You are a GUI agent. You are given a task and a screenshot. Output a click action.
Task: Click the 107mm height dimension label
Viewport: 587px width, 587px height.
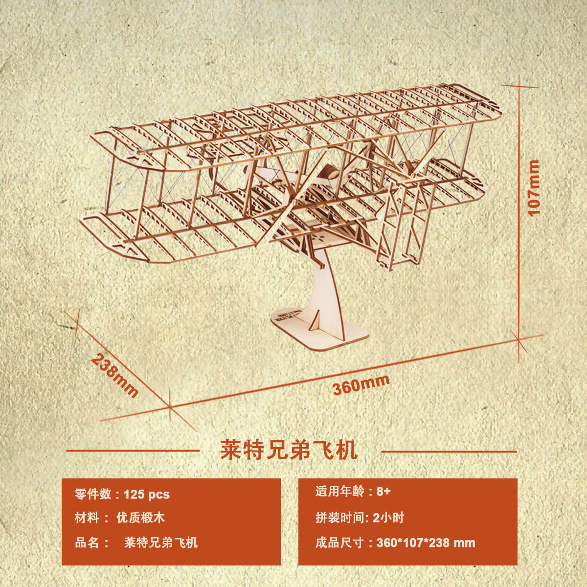pyautogui.click(x=533, y=187)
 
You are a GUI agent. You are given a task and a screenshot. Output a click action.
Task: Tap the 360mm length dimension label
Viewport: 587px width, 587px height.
pyautogui.click(x=361, y=384)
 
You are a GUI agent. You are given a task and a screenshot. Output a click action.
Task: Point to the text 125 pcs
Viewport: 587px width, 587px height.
pyautogui.click(x=147, y=494)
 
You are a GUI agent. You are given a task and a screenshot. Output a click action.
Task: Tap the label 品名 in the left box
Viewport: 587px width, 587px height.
pyautogui.click(x=87, y=542)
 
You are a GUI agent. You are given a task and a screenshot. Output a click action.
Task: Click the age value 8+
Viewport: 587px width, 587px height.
pyautogui.click(x=384, y=492)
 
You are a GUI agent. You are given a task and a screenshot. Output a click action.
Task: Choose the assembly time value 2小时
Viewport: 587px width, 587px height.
pyautogui.click(x=388, y=518)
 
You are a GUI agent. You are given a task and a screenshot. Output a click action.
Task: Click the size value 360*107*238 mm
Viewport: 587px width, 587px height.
pyautogui.click(x=426, y=542)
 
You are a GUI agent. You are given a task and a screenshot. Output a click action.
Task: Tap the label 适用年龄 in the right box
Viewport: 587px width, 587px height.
pyautogui.click(x=339, y=492)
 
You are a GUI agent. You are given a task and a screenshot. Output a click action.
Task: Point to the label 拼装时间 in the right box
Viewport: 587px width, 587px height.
pyautogui.click(x=339, y=518)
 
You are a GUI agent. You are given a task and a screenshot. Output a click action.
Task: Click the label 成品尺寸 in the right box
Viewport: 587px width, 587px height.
pyautogui.click(x=339, y=542)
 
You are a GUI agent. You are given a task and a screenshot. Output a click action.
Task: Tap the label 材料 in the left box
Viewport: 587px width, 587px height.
pyautogui.click(x=87, y=518)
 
